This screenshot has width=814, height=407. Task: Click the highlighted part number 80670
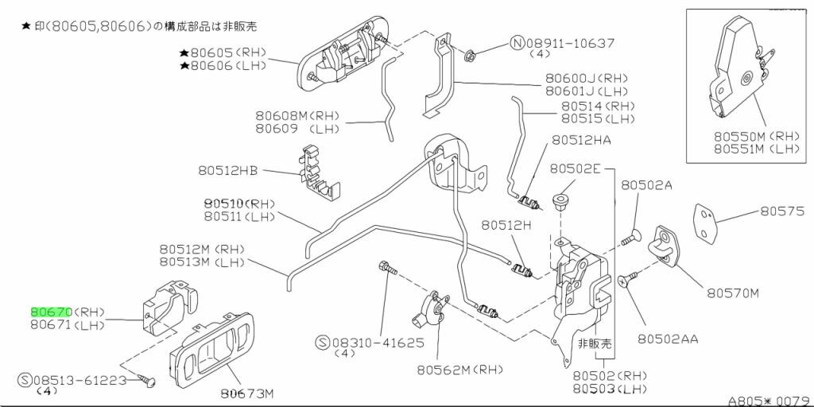point(52,312)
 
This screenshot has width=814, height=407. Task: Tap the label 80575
point(783,211)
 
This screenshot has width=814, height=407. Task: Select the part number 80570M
point(733,293)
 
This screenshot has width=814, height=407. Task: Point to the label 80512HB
point(228,169)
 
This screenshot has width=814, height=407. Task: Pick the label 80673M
point(247,393)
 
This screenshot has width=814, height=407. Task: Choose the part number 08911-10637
point(570,42)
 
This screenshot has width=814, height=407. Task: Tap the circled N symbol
point(517,42)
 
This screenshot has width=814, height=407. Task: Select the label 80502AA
point(668,339)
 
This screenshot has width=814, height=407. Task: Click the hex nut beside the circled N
point(470,54)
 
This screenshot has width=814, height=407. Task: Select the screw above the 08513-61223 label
point(145,382)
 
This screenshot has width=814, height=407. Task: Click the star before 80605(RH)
point(184,53)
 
